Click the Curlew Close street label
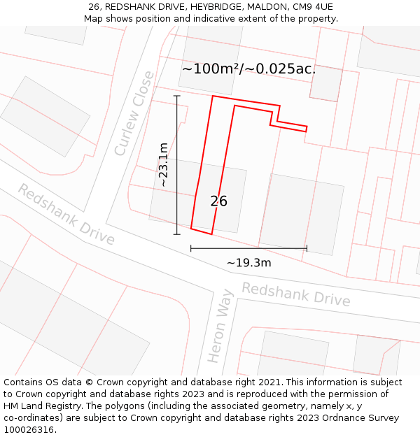click(x=134, y=113)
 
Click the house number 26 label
click(x=218, y=201)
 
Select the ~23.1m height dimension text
click(x=163, y=164)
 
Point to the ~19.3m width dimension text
click(x=248, y=263)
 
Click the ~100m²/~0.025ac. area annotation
click(x=248, y=69)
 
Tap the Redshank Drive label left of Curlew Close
click(x=66, y=215)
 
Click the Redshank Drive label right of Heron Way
click(x=295, y=294)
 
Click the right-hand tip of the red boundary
click(x=307, y=129)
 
